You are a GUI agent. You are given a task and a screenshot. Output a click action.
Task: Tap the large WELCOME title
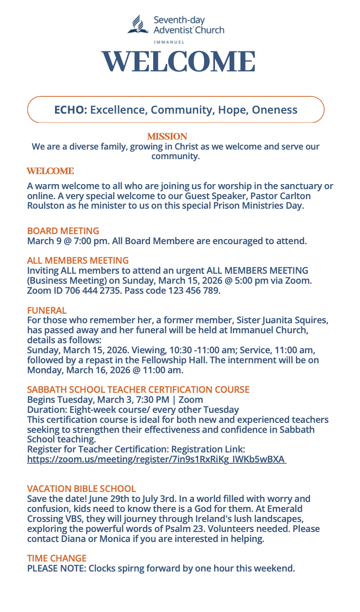[178, 62]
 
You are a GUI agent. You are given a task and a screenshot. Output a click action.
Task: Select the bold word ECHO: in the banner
[70, 110]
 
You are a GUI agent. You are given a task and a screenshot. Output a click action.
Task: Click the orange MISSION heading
[167, 136]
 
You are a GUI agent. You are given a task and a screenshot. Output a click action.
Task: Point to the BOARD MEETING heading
[63, 231]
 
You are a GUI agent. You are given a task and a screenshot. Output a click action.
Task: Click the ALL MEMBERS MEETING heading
[78, 261]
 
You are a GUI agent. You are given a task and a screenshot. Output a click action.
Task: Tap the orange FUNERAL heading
[47, 311]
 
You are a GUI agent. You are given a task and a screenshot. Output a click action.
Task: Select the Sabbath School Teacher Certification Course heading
[138, 390]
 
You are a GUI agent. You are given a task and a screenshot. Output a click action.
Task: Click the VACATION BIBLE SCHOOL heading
[81, 489]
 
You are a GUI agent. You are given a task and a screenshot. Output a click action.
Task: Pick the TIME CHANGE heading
[57, 558]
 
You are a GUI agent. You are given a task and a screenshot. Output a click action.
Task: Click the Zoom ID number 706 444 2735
[90, 291]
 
